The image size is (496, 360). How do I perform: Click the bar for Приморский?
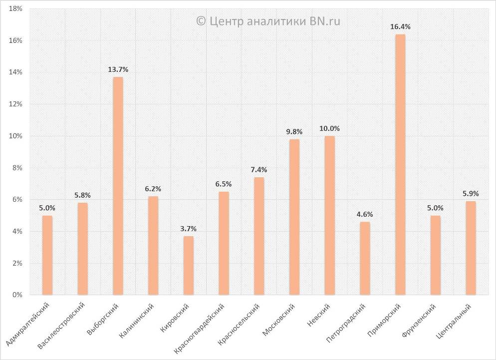[x=400, y=165]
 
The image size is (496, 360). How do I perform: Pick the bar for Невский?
[x=330, y=215]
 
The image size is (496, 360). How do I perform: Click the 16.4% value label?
[x=400, y=26]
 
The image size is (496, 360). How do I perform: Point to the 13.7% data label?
[x=118, y=69]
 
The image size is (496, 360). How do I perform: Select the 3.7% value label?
[x=188, y=229]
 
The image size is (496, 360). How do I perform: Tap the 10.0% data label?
[x=330, y=128]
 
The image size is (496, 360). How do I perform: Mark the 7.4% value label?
[x=259, y=170]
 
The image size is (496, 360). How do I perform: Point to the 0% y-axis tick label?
[x=17, y=295]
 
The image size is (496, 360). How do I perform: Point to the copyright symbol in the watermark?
[x=201, y=20]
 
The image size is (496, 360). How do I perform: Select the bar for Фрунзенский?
[x=436, y=255]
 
